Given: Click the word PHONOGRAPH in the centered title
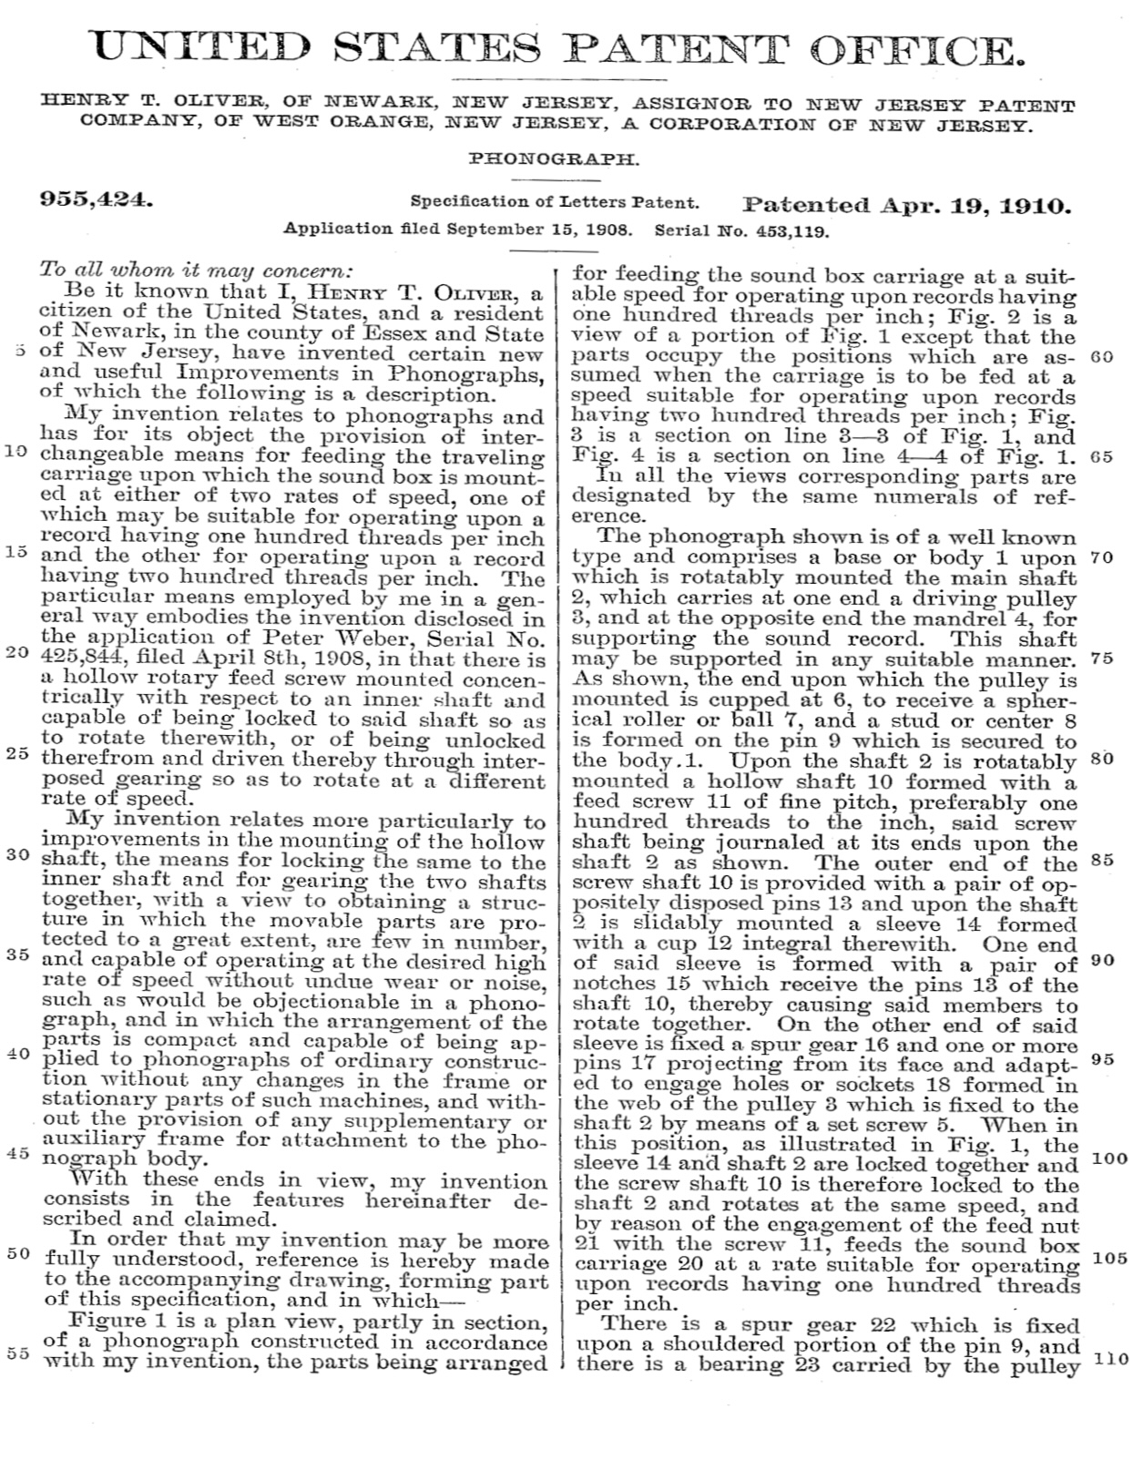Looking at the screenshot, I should [x=555, y=158].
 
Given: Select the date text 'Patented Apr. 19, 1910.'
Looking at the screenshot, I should [x=907, y=204].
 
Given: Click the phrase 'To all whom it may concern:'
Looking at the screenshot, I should [x=196, y=270].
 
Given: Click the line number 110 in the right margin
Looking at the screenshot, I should [x=1110, y=1359].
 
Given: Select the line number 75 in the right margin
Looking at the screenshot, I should [x=1101, y=658].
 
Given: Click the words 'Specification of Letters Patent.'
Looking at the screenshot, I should [x=555, y=202].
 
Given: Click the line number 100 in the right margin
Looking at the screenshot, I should [x=1110, y=1158].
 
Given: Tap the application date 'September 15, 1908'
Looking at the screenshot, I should [x=554, y=230].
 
